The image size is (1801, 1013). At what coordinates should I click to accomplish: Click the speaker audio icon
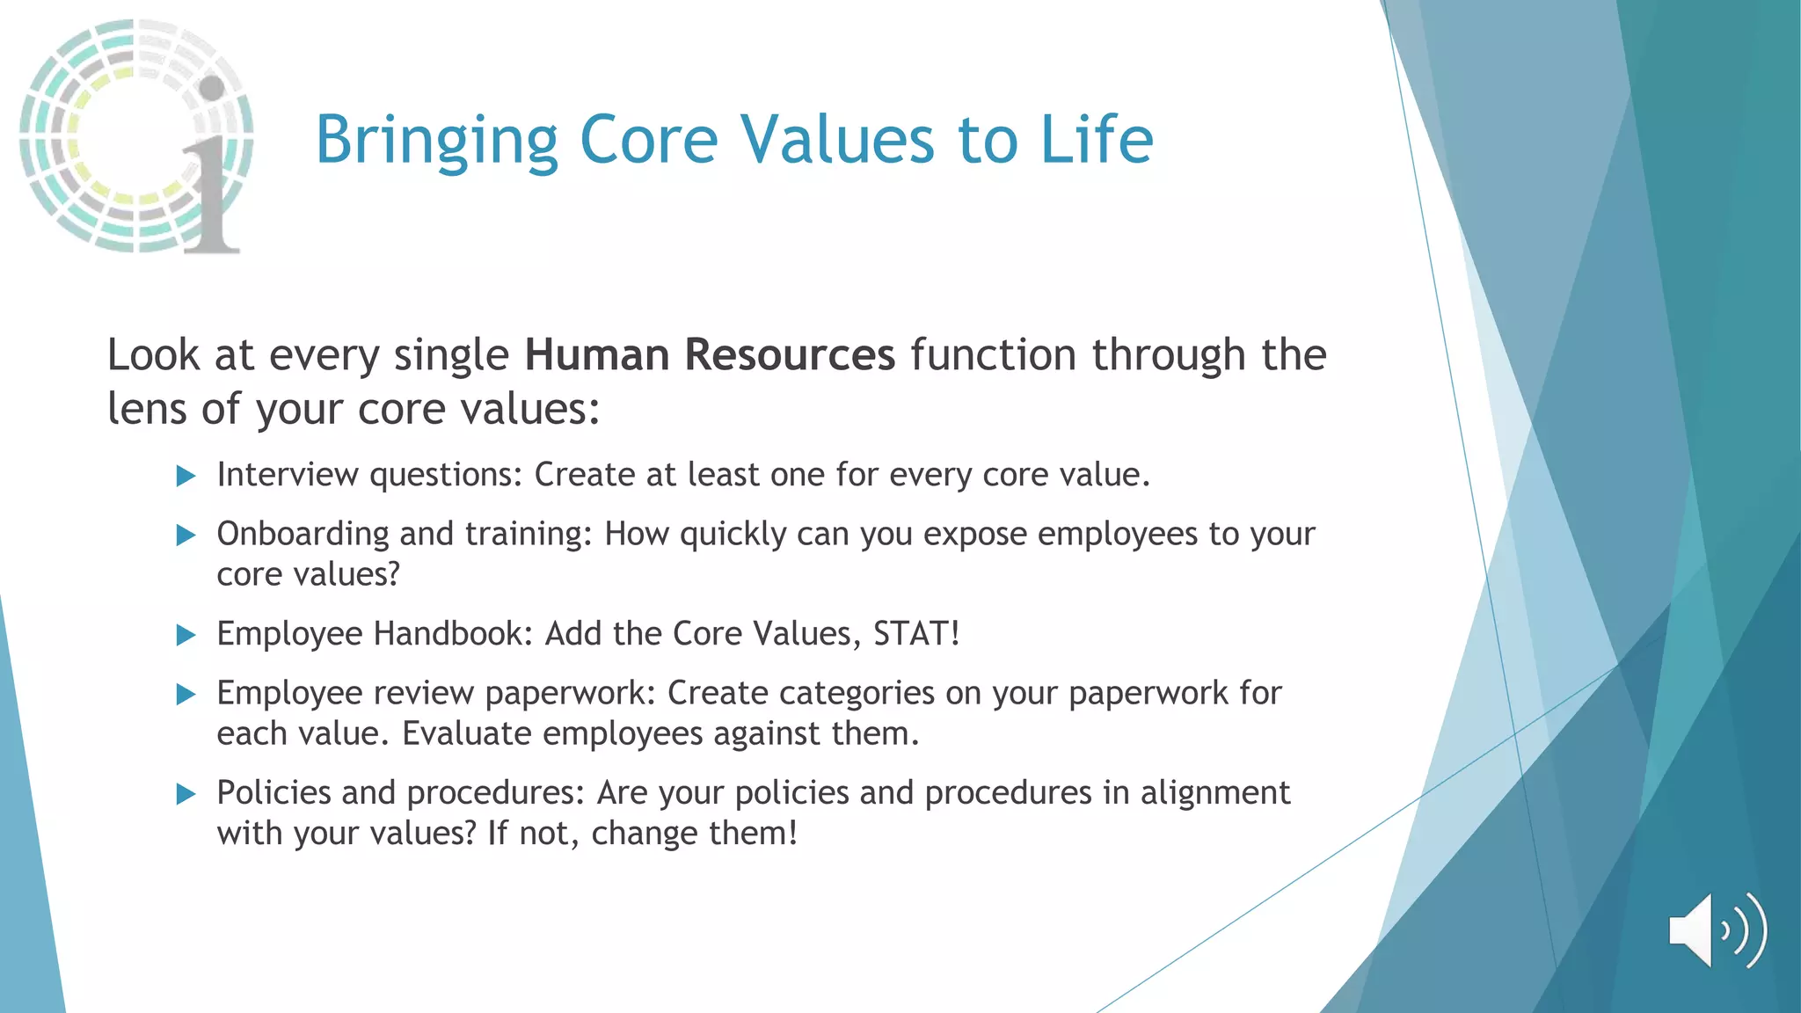coord(1717,930)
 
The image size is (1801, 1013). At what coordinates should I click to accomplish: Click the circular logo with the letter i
coord(136,136)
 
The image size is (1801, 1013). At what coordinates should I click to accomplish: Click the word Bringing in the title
coord(436,141)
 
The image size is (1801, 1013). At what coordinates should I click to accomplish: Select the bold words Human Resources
coord(710,355)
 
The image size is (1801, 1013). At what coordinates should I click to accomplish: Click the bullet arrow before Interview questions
coord(186,477)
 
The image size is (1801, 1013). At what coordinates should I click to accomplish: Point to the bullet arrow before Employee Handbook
coord(186,635)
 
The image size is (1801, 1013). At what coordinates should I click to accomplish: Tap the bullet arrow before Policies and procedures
coord(186,795)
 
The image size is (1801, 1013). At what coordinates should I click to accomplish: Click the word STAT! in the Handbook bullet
coord(915,633)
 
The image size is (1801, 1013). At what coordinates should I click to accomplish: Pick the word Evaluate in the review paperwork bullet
coord(466,733)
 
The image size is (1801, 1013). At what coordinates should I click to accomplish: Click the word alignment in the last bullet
coord(1214,793)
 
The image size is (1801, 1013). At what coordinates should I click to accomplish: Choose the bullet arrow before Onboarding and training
coord(186,536)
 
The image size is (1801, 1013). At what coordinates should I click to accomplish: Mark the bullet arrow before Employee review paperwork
coord(186,695)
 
